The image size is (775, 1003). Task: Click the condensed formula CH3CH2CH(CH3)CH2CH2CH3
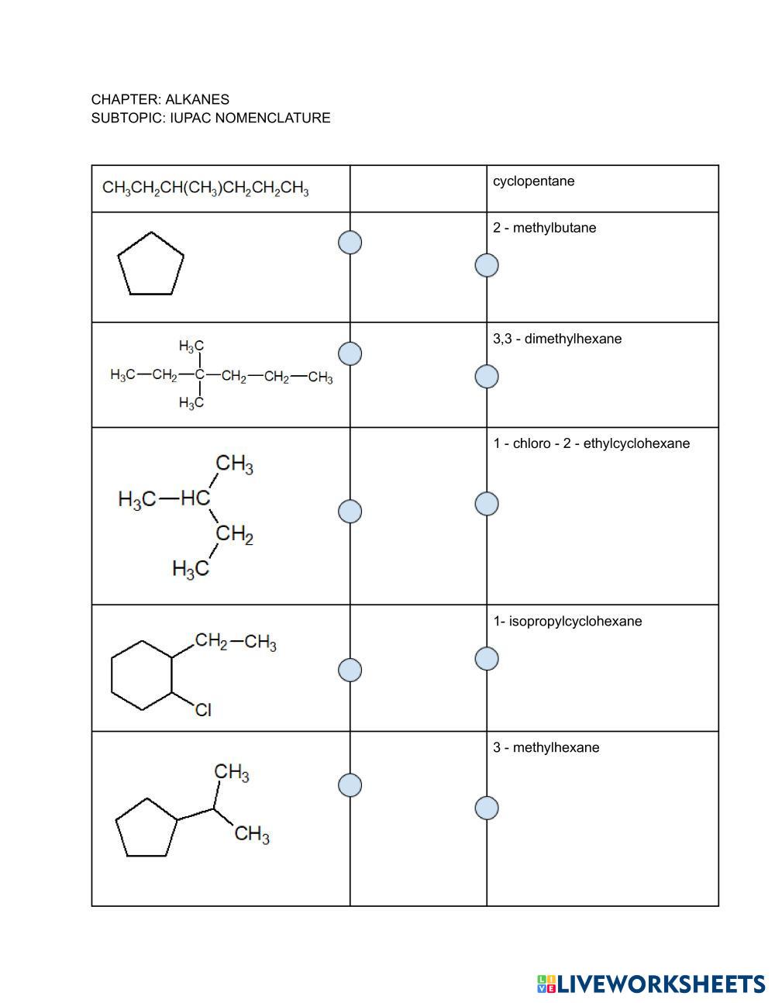pyautogui.click(x=205, y=188)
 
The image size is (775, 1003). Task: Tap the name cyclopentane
pyautogui.click(x=533, y=181)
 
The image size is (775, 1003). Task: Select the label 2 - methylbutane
pyautogui.click(x=544, y=228)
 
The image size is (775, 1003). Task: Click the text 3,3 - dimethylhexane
pyautogui.click(x=556, y=339)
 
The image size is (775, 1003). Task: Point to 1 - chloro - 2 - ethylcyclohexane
pyautogui.click(x=591, y=443)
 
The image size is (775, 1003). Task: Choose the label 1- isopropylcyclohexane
pyautogui.click(x=567, y=622)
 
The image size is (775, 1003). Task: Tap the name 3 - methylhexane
pyautogui.click(x=546, y=748)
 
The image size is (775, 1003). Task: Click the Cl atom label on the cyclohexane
pyautogui.click(x=203, y=710)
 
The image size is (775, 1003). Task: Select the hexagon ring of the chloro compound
pyautogui.click(x=112, y=676)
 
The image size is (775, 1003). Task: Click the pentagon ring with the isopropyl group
pyautogui.click(x=115, y=821)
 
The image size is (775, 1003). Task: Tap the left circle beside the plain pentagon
pyautogui.click(x=350, y=243)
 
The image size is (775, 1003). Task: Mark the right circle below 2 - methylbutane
pyautogui.click(x=487, y=265)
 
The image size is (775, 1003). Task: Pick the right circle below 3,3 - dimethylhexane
pyautogui.click(x=487, y=376)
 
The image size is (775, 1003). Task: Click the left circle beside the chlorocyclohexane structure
pyautogui.click(x=350, y=670)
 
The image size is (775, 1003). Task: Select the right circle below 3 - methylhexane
pyautogui.click(x=487, y=808)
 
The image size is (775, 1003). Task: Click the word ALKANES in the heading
pyautogui.click(x=197, y=100)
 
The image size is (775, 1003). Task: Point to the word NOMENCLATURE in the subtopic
pyautogui.click(x=273, y=118)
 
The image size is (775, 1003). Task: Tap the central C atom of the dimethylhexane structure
pyautogui.click(x=200, y=374)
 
